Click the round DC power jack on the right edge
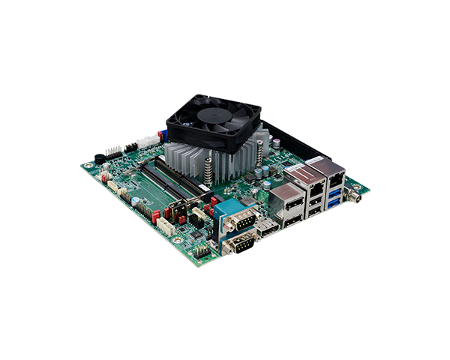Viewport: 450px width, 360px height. [x=357, y=196]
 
